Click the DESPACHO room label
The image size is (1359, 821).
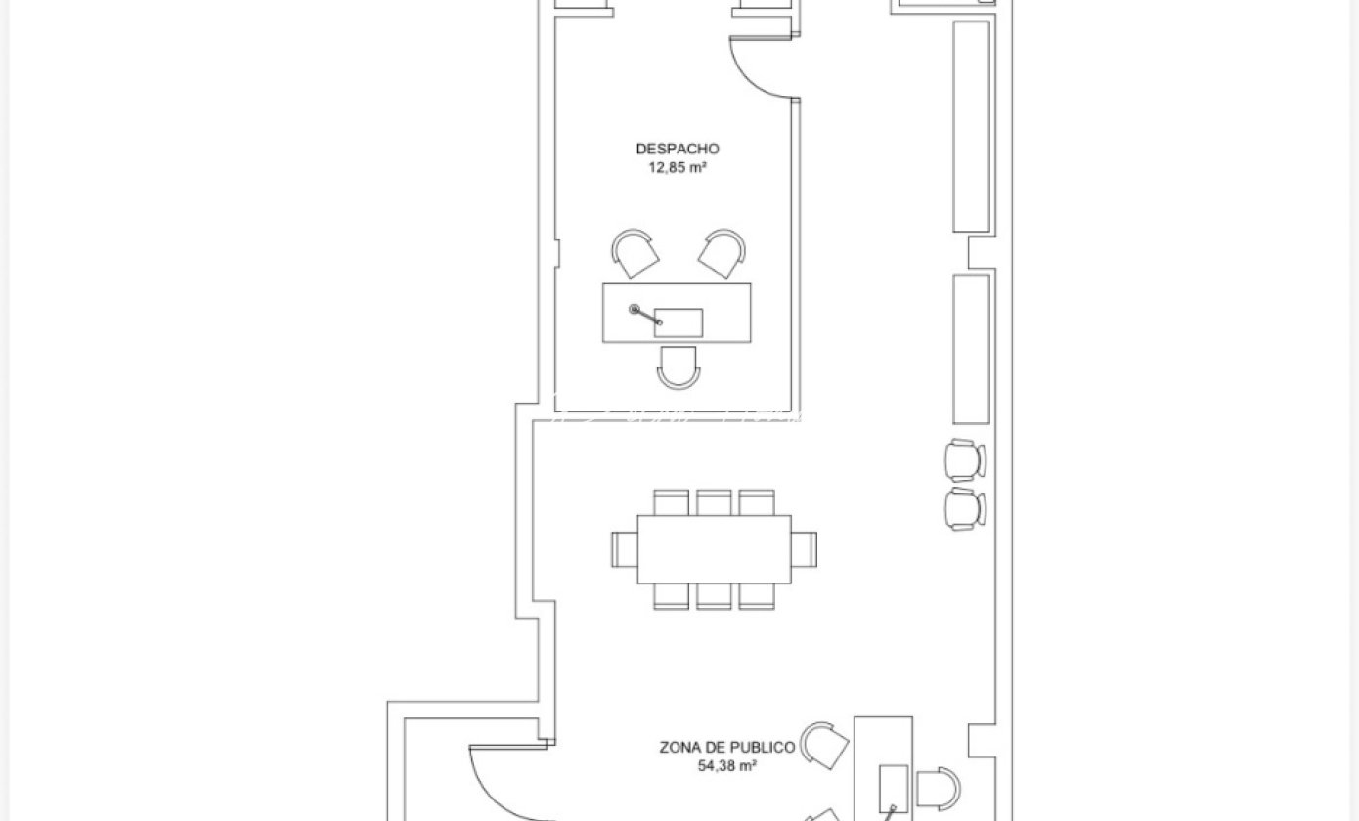click(678, 149)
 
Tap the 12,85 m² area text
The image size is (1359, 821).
click(678, 167)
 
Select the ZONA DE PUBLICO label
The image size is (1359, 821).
click(726, 747)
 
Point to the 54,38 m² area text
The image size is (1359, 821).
click(726, 766)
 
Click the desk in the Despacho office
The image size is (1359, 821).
click(677, 313)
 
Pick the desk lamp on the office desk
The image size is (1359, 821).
click(644, 315)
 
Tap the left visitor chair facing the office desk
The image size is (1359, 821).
click(635, 253)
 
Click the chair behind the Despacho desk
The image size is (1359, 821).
click(679, 367)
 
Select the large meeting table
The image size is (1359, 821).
click(714, 549)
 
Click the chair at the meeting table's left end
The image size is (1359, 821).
click(625, 549)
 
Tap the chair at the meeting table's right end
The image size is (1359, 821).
click(805, 549)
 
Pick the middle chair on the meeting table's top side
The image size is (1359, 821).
click(714, 502)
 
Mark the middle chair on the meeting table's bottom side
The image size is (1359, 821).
click(714, 596)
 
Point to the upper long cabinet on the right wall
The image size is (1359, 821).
click(971, 127)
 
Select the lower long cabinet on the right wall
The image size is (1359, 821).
click(971, 349)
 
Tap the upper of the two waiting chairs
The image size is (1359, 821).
click(965, 460)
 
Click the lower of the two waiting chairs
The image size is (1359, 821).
click(965, 509)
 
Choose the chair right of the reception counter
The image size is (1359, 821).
click(938, 789)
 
